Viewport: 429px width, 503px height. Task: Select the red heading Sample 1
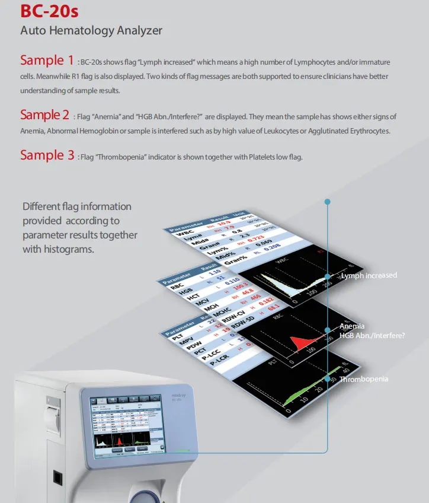47,61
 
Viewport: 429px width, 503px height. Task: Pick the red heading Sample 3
47,155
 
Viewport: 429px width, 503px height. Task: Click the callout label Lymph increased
369,276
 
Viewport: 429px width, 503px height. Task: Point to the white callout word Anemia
353,327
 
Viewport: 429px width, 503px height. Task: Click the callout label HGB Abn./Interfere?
372,336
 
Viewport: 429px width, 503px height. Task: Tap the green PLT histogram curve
320,391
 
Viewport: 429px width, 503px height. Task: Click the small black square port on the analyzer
57,477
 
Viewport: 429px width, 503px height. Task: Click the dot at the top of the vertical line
327,202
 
